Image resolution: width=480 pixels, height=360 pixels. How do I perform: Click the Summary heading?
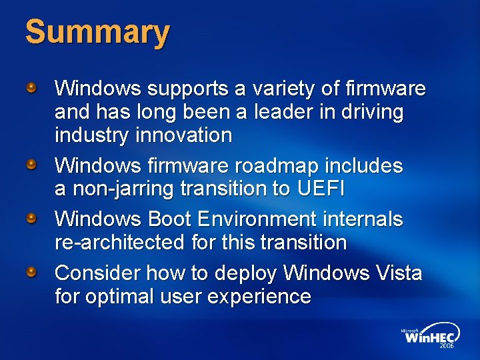click(97, 33)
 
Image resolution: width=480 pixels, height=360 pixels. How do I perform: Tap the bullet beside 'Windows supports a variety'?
click(32, 87)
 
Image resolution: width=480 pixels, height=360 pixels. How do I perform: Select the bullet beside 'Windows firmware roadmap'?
click(32, 164)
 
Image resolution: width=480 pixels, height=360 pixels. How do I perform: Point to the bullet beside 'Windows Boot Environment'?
click(32, 218)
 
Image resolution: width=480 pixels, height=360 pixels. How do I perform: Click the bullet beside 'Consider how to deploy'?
click(32, 272)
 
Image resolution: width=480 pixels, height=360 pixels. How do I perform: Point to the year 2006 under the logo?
click(446, 347)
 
